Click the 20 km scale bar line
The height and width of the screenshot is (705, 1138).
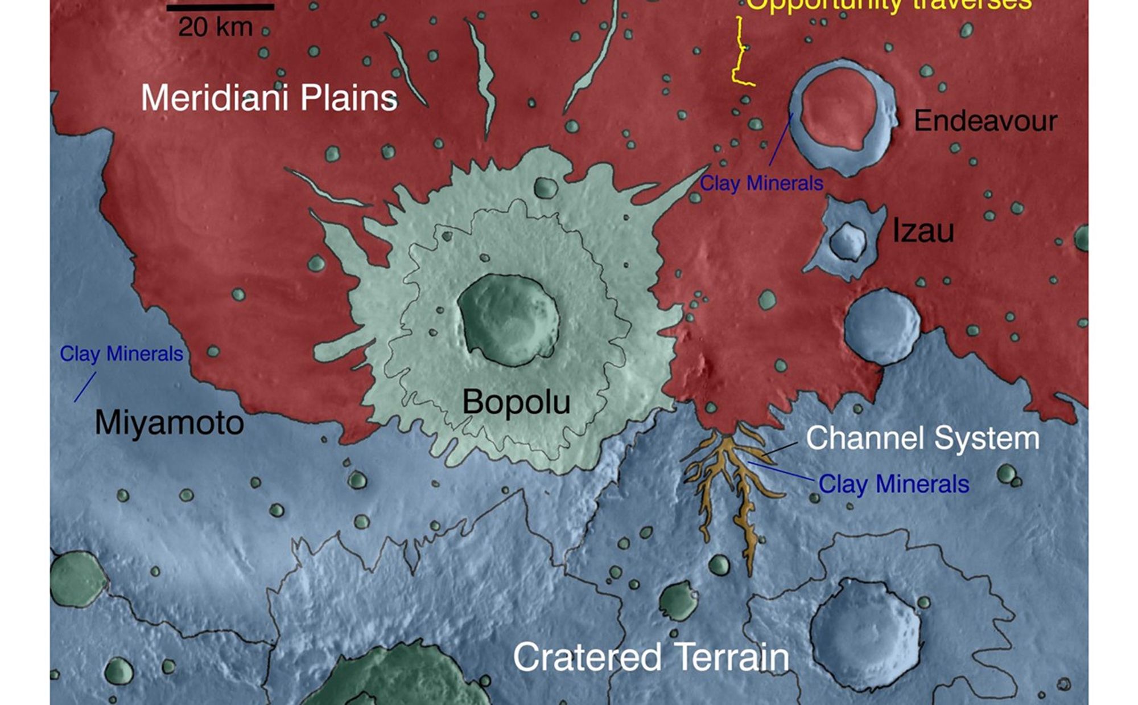[x=220, y=7]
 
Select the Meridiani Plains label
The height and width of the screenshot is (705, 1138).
[x=269, y=98]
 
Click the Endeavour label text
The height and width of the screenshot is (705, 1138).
[x=985, y=121]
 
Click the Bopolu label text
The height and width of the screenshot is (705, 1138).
[x=516, y=401]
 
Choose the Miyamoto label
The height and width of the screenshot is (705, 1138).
[x=169, y=423]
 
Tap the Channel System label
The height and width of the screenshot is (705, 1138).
[x=922, y=438]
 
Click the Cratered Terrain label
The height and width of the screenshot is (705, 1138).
[x=651, y=657]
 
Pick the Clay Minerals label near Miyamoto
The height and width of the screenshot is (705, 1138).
[x=121, y=354]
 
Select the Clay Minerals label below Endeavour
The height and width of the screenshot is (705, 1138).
[x=761, y=183]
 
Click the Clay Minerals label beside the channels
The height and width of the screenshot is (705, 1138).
[x=893, y=484]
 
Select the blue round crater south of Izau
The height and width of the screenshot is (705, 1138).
[x=881, y=326]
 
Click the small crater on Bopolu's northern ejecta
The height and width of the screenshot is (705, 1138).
[x=545, y=187]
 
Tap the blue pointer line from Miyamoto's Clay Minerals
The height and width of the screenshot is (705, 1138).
[x=85, y=387]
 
